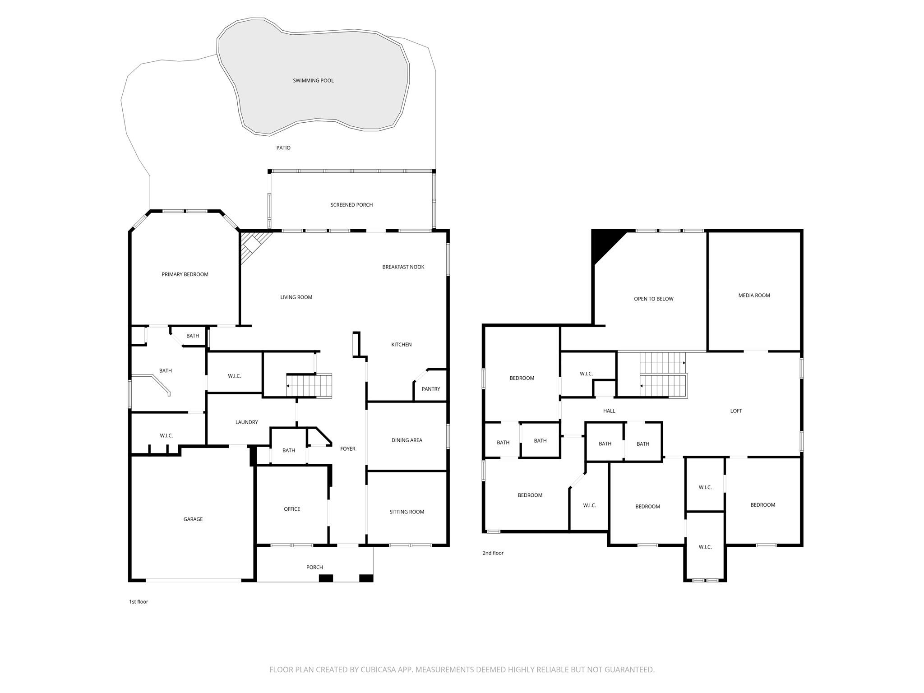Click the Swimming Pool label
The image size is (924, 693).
click(x=313, y=81)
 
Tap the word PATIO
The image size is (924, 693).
click(x=283, y=148)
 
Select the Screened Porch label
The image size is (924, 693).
click(x=351, y=205)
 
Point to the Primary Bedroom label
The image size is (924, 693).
click(x=185, y=274)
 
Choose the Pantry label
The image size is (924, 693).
click(x=430, y=389)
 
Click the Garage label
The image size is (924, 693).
click(x=193, y=519)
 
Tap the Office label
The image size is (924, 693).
click(x=292, y=509)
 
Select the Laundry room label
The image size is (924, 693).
click(x=246, y=422)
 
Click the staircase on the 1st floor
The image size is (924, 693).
click(x=310, y=386)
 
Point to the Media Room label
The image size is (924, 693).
click(x=754, y=296)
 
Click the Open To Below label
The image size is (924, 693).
click(x=653, y=299)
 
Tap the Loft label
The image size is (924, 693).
click(x=736, y=411)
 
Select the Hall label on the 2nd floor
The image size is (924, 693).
click(x=609, y=411)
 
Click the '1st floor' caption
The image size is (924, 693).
click(x=139, y=602)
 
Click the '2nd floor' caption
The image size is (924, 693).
click(x=493, y=553)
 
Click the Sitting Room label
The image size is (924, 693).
click(x=407, y=512)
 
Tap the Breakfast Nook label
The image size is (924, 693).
click(x=403, y=267)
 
